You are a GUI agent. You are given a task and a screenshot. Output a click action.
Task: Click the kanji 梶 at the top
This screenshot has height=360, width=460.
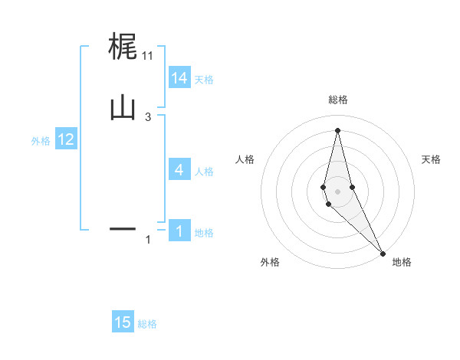pos(123,47)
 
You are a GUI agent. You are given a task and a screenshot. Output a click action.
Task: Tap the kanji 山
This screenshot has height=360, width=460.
pos(123,108)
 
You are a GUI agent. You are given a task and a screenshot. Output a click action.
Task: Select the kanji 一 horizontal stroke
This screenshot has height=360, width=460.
pos(123,228)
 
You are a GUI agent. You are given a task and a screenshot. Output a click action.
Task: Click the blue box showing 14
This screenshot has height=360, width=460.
pos(179,78)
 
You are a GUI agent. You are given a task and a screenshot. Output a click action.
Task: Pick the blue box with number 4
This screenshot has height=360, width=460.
pos(179,170)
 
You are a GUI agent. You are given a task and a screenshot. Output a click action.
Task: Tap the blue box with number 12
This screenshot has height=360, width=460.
pos(66,139)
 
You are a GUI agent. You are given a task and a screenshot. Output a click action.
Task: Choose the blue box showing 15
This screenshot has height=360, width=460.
pos(123,322)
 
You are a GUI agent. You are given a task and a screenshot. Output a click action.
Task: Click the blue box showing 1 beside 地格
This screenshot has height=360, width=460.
pos(179,231)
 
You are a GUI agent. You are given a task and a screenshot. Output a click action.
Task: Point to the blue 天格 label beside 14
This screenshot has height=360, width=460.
pos(204,80)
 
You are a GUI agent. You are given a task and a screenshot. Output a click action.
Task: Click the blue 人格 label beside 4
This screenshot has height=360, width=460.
pos(204,172)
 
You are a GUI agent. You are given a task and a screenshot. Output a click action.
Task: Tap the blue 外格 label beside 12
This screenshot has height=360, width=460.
pos(40,141)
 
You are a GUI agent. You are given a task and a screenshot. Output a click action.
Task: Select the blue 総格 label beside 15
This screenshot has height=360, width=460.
pos(147,324)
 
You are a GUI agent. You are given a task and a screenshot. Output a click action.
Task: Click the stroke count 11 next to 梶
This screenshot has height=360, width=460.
pos(148,55)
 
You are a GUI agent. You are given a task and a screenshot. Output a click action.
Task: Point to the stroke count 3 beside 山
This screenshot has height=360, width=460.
pos(148,116)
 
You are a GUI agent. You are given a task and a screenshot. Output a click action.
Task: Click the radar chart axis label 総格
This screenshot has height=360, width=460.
pos(337,100)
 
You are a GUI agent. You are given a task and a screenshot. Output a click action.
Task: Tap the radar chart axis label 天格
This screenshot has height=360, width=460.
pos(431,159)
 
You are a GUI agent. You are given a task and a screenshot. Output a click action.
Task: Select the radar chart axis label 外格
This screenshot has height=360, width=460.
pos(270,263)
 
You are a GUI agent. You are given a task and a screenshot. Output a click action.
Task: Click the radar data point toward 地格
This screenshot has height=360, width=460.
pos(383,253)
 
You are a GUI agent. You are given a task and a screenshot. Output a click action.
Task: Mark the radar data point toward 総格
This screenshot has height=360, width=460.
pos(337,129)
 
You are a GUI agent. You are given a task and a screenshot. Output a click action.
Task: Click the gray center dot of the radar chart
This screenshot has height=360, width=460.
pos(337,191)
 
